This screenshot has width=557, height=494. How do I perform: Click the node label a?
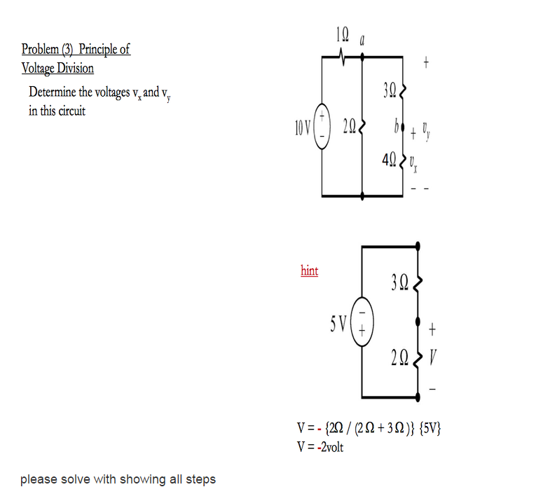pos(362,42)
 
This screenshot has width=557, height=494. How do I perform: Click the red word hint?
pos(309,270)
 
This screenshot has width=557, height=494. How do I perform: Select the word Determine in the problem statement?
pos(55,92)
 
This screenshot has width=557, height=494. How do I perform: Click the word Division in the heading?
pos(74,69)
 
